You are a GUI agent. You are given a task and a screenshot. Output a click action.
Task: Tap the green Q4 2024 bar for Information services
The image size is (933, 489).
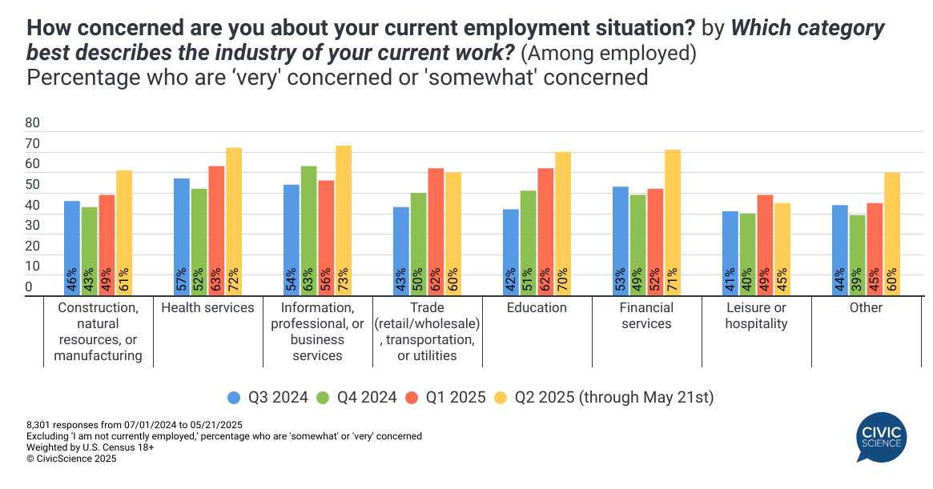309,230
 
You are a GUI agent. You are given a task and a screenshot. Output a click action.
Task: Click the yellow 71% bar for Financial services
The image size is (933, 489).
673,222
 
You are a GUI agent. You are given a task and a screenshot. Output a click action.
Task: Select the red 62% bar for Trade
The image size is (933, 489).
436,232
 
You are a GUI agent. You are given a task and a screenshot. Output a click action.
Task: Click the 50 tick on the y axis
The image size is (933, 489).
33,185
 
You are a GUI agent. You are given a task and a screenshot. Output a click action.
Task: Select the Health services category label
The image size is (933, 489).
207,308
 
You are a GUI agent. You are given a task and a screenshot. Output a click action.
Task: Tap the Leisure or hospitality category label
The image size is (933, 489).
756,315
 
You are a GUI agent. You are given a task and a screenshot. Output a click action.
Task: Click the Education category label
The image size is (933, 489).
537,308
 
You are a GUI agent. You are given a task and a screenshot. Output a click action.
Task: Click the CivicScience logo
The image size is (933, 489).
880,437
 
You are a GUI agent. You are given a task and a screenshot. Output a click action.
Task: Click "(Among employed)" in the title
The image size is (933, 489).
607,54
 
